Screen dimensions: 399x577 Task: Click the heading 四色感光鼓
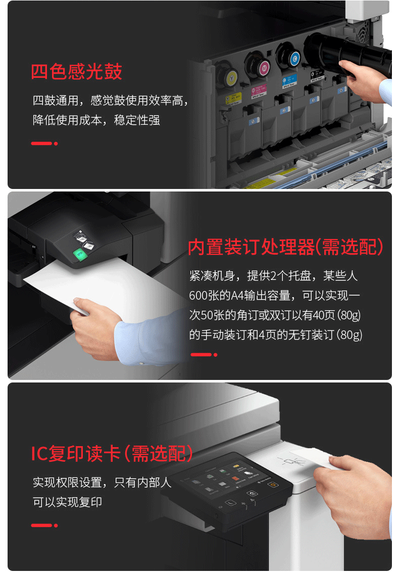pos(76,71)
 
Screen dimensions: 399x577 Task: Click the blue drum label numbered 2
pos(284,110)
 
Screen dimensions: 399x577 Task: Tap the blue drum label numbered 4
pos(341,90)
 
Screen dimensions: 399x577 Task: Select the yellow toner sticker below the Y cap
pos(233,99)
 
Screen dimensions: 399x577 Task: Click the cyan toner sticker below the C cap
pos(289,82)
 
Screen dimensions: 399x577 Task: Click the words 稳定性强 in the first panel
pos(137,120)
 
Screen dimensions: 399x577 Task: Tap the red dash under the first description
pos(41,143)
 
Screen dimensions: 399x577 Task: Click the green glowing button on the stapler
pos(80,254)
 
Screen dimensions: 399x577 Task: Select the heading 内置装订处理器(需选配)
pos(285,247)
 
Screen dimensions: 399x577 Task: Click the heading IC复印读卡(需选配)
pos(112,453)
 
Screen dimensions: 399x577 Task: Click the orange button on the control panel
pos(273,485)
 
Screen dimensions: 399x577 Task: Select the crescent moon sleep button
pos(231,502)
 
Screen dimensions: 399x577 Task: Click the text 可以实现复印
pos(67,502)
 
